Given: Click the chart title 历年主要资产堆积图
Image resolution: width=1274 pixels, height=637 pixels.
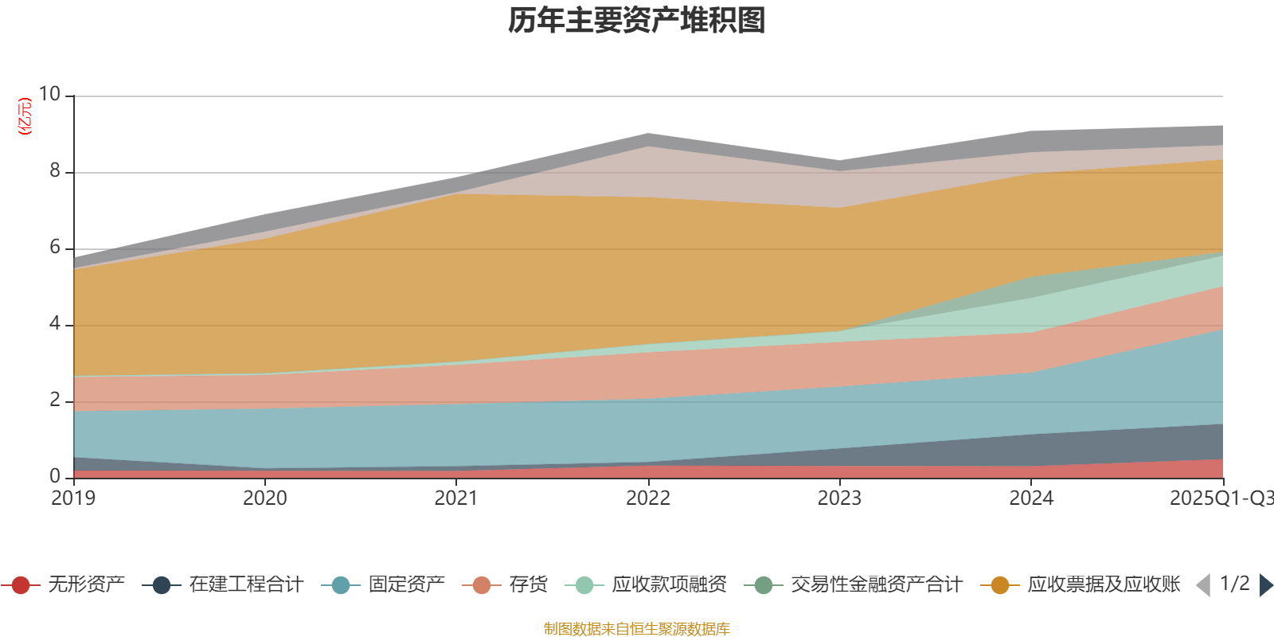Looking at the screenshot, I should tap(637, 21).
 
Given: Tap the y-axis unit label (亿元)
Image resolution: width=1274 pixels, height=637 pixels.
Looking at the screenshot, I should tap(25, 116).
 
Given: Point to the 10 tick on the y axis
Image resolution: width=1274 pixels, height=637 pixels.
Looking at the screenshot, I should tap(49, 94).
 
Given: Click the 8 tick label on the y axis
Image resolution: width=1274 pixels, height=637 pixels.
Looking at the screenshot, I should tap(55, 170).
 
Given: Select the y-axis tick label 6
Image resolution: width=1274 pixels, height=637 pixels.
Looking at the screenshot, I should tap(55, 247).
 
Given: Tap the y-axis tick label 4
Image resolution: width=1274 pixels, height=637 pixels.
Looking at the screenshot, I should tap(55, 323).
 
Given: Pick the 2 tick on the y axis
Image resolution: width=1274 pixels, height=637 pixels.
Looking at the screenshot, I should tap(55, 400).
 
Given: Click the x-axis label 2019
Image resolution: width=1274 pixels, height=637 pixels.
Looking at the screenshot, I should tap(73, 498).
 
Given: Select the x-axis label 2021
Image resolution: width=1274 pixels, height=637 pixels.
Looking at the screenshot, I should tap(456, 498).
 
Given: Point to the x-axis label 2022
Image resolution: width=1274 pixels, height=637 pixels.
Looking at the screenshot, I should tap(648, 498).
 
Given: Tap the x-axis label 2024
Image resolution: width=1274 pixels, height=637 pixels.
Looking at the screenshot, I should tap(1031, 498).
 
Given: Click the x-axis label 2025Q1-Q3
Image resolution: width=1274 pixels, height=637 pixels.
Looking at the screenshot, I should tap(1221, 498).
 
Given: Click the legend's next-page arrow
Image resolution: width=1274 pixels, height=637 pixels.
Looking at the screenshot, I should tap(1266, 585).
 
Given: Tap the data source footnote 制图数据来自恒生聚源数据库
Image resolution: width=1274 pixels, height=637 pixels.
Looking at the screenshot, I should tap(637, 629).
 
